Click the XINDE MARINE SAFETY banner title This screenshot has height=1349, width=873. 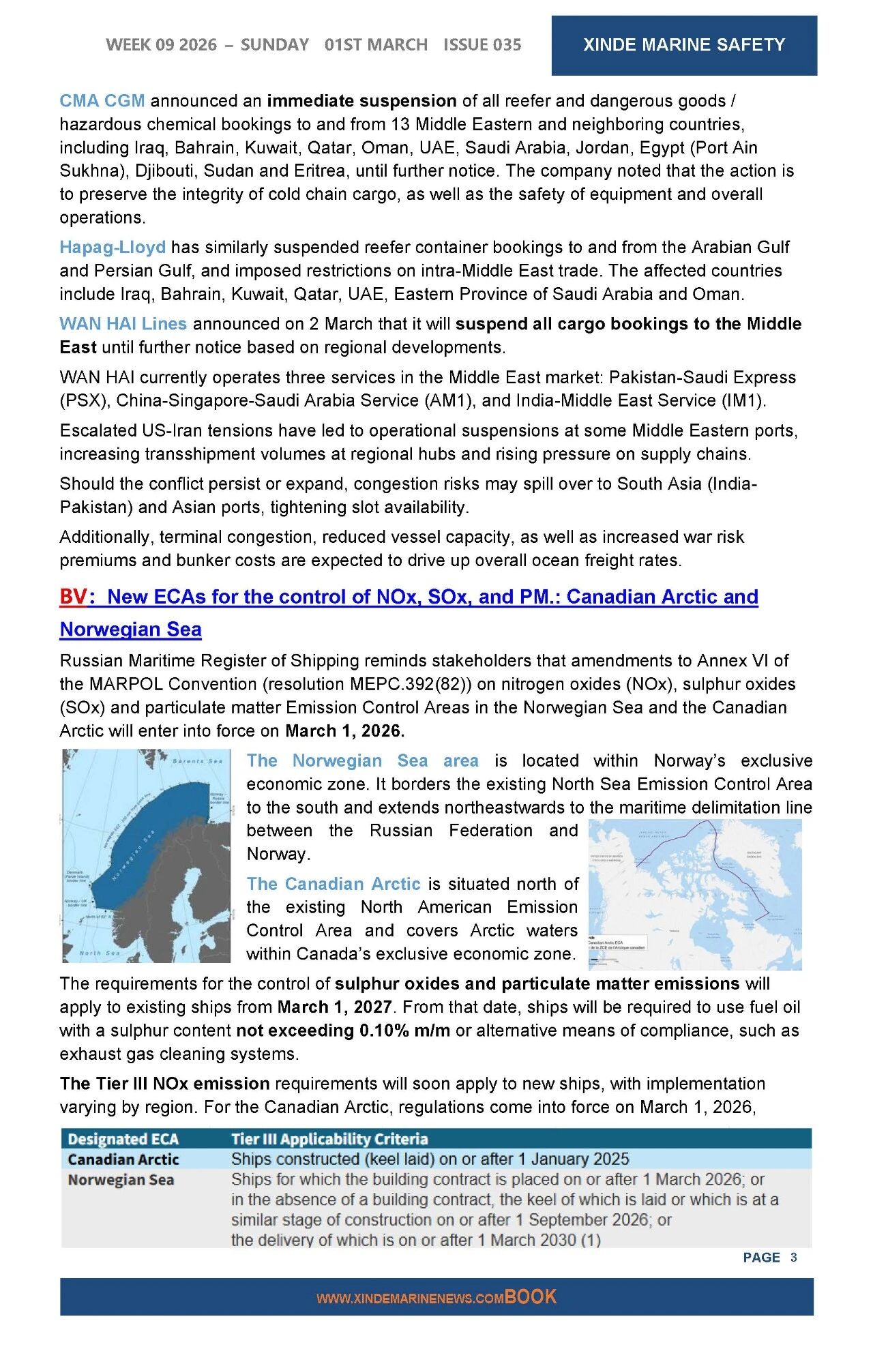pos(683,45)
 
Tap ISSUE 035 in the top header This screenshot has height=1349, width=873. pos(482,45)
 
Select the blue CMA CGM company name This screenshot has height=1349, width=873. pos(102,101)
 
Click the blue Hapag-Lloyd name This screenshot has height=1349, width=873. pos(113,247)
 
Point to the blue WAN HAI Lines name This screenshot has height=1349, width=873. pos(123,324)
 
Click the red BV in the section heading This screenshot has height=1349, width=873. pos(73,597)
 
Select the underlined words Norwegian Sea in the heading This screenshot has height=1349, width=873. pos(130,629)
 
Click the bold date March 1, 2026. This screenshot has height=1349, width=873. pos(344,731)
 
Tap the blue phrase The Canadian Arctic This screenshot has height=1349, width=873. pos(333,884)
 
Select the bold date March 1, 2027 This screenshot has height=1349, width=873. pos(334,1007)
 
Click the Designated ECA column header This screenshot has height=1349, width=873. pos(123,1139)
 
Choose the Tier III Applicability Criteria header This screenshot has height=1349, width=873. pos(329,1139)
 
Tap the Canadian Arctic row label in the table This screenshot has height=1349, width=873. pos(123,1159)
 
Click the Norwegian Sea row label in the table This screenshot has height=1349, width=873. pos(121,1180)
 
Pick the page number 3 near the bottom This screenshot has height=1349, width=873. pos(793,1257)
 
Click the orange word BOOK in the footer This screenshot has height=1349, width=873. pos(531,1297)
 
